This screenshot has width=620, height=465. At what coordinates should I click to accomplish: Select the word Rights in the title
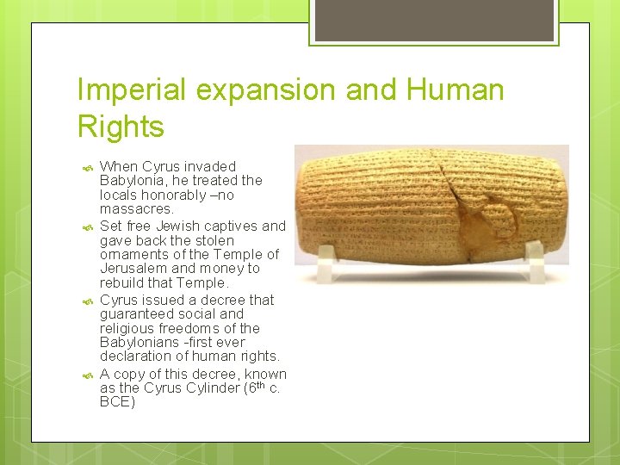coord(121,127)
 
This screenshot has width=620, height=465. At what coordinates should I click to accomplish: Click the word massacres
coord(136,209)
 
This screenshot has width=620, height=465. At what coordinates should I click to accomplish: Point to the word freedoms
coord(192,329)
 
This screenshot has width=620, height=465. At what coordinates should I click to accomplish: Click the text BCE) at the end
coord(118,402)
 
